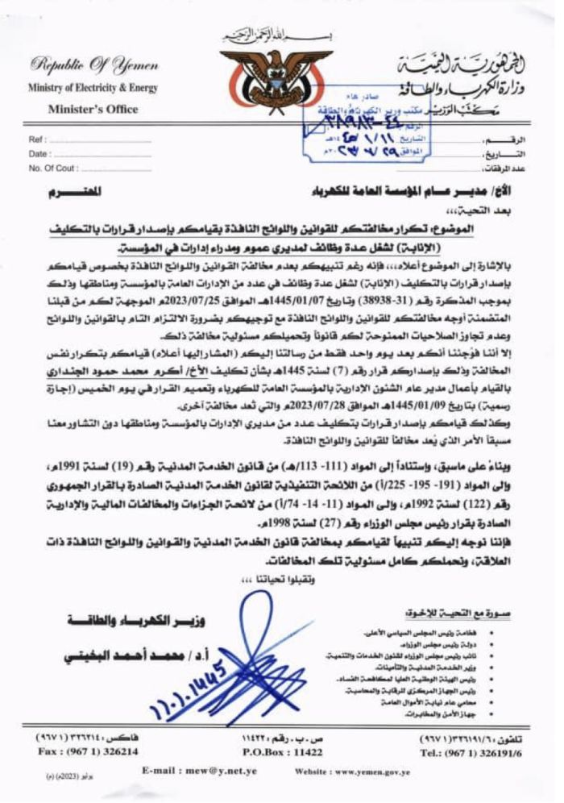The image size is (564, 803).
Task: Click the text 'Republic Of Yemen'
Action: coord(82,66)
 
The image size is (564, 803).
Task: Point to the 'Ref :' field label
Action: coord(39,139)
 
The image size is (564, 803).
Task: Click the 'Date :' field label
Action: coord(40,152)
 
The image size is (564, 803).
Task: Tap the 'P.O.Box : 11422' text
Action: coord(283,751)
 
